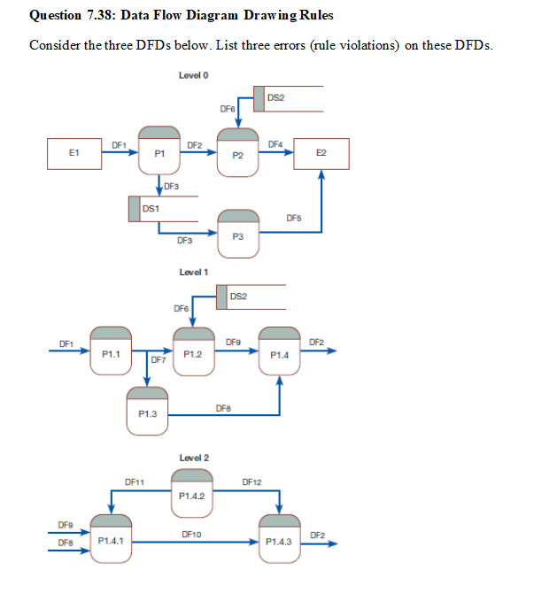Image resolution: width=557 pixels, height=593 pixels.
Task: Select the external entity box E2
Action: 321,153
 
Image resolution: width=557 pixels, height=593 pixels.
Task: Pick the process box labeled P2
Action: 237,150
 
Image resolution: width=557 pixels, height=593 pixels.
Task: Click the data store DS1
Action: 163,209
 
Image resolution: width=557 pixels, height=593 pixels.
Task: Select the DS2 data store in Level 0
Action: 287,99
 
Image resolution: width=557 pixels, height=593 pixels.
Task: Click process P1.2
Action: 193,349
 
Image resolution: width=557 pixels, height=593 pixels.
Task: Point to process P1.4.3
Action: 280,535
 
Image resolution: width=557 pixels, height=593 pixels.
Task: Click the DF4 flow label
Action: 275,143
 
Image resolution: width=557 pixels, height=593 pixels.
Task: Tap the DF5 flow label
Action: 294,217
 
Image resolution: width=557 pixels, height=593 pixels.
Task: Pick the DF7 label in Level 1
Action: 159,360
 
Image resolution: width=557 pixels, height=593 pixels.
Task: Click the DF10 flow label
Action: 190,534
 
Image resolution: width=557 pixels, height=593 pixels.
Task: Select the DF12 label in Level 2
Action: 251,482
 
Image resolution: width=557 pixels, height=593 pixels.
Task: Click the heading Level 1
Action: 193,272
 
